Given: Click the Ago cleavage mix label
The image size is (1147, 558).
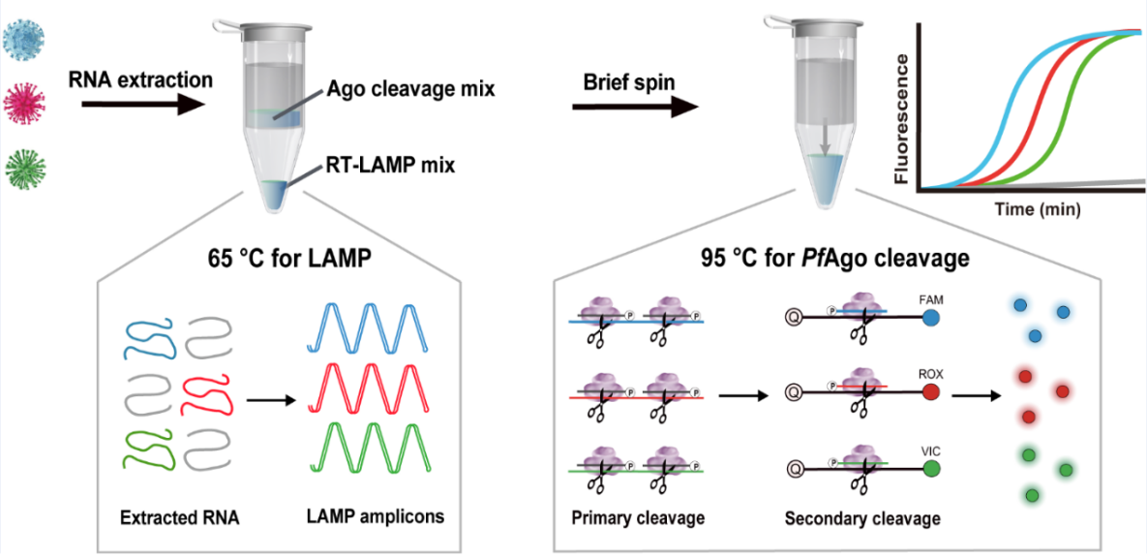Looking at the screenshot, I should coord(411,89).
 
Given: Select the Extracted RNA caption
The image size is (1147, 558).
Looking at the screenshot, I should coord(180,517).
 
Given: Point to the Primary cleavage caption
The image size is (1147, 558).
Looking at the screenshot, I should coord(638,517).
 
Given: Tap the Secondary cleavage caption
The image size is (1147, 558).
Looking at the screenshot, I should coord(862,518).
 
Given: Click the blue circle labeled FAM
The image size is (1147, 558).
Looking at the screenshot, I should coord(932,318).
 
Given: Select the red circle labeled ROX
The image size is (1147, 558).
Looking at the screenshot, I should coord(932,392).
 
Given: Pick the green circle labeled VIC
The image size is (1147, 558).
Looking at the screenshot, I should coord(932,469).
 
